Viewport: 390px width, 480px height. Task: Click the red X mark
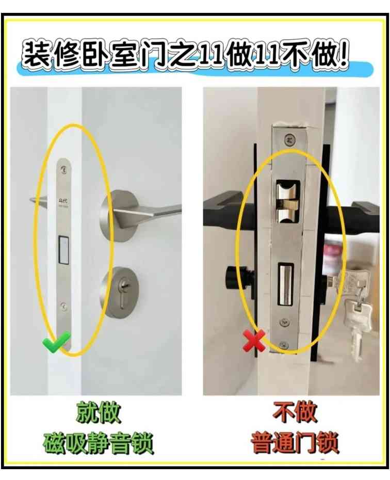[x=254, y=341]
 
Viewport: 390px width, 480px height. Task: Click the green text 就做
[x=99, y=413]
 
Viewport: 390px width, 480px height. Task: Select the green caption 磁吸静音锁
[x=99, y=442]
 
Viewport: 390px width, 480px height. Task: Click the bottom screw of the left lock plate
[x=64, y=307]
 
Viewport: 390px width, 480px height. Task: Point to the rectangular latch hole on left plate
[x=64, y=250]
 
